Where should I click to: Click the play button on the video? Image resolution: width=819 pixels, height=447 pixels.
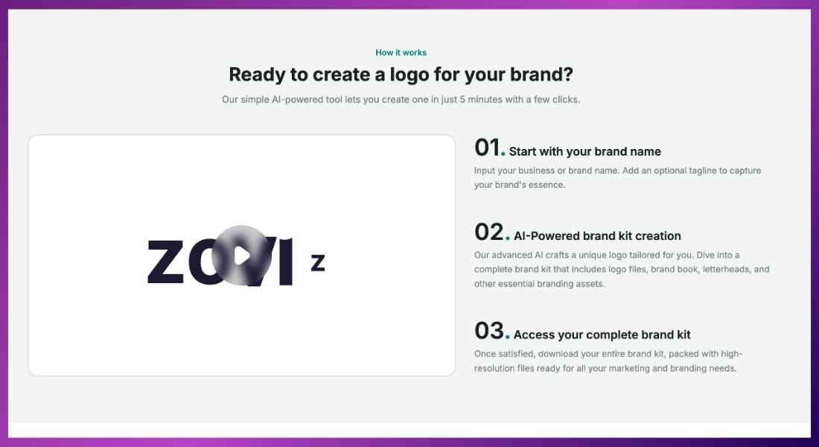pos(242,256)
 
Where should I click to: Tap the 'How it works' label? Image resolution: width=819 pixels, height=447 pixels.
pos(401,52)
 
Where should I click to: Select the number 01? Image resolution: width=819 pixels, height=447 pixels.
pos(487,148)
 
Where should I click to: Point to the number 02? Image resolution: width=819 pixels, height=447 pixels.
pos(489,232)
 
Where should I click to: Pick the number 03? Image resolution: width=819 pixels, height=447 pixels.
pos(489,331)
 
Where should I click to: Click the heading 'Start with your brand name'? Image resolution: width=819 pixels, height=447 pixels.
pos(585,152)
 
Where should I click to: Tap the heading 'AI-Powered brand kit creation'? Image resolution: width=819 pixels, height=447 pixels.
pos(597,235)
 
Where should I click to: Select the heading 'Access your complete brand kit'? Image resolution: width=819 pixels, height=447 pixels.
pos(602,335)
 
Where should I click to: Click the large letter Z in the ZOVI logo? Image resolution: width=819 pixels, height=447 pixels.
pos(165,262)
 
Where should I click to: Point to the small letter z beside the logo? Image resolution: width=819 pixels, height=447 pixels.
pos(318,262)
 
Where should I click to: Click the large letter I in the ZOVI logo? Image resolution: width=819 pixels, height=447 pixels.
pos(286,261)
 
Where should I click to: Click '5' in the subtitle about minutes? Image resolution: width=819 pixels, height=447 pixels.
pos(462,99)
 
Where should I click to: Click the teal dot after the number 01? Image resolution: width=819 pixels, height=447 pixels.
pos(503,153)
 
